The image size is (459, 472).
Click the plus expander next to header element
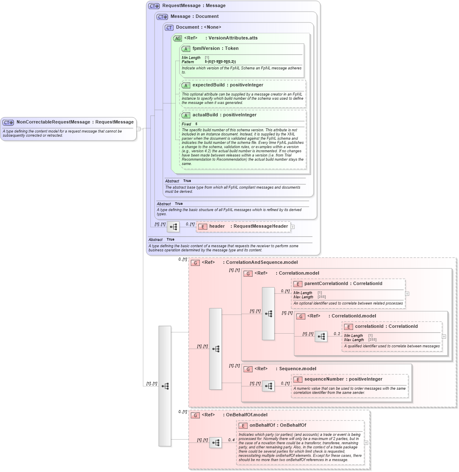click(x=293, y=227)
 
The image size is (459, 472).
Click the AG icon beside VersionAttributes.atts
click(x=177, y=38)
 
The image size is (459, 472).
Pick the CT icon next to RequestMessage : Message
click(x=154, y=6)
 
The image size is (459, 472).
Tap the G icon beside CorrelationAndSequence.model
click(x=195, y=263)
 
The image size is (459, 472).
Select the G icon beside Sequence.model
click(x=248, y=369)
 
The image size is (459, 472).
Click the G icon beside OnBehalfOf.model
click(x=195, y=415)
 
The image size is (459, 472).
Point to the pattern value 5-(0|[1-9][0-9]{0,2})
click(x=220, y=62)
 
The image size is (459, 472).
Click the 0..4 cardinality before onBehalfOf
click(x=231, y=440)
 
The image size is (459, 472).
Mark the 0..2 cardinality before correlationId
click(x=337, y=334)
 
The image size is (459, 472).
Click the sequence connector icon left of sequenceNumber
click(x=268, y=386)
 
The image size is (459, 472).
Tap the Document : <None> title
click(x=199, y=27)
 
